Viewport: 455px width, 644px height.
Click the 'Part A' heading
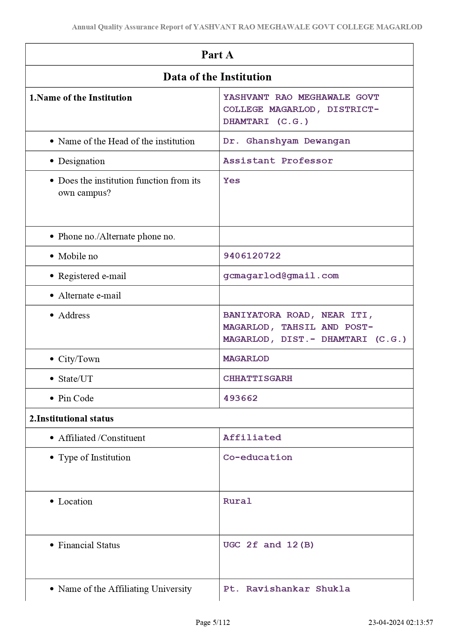click(x=217, y=55)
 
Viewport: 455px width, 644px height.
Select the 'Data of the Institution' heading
click(x=217, y=77)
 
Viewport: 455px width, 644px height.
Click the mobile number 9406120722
click(x=252, y=256)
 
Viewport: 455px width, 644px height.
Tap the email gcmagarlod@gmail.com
click(x=281, y=276)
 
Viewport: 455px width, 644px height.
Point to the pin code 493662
click(x=241, y=398)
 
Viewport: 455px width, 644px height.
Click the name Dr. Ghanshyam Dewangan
click(x=286, y=141)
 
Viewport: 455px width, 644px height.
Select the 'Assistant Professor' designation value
click(x=278, y=161)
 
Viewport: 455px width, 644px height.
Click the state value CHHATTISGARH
click(x=258, y=379)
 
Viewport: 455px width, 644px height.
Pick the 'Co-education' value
click(x=258, y=457)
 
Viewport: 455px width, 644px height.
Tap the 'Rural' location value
click(x=237, y=501)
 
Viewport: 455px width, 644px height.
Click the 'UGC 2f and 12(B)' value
click(x=268, y=545)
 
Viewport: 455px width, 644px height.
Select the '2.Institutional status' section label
click(x=71, y=419)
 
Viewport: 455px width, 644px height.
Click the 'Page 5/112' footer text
click(x=213, y=622)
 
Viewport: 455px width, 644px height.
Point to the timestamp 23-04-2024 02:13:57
click(x=400, y=622)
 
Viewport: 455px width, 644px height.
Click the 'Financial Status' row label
click(x=89, y=545)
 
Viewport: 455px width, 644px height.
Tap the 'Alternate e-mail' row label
click(x=89, y=296)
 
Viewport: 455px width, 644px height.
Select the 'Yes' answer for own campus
click(x=232, y=181)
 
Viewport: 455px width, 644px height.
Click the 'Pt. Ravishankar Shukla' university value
click(x=286, y=589)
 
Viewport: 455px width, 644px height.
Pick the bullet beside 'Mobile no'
click(x=52, y=256)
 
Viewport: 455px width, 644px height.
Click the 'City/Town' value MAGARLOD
click(x=246, y=359)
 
